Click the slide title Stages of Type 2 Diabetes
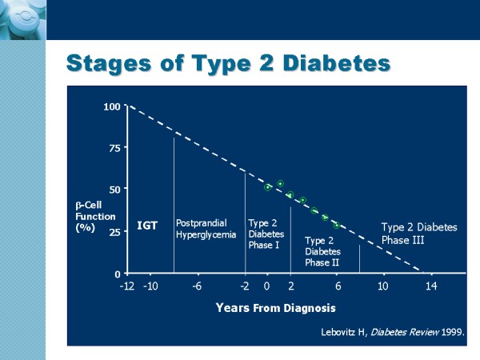(x=228, y=64)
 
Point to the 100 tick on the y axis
(x=112, y=107)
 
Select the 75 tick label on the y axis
(x=114, y=148)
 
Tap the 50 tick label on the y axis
(x=114, y=190)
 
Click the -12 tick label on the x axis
(x=127, y=286)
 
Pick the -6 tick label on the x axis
(x=197, y=286)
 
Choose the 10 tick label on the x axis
(x=382, y=286)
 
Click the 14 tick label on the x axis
(x=431, y=286)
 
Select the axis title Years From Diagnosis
(x=275, y=308)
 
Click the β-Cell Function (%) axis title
(x=95, y=217)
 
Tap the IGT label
(x=147, y=226)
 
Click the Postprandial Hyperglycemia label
(x=206, y=229)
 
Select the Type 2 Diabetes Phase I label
(x=266, y=234)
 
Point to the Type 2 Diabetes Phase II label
(x=322, y=251)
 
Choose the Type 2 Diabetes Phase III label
(x=419, y=234)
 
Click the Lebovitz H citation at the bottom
(x=393, y=332)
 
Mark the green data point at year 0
(x=267, y=187)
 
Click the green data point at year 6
(x=337, y=226)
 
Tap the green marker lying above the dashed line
(x=281, y=184)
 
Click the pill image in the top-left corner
(x=23, y=20)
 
